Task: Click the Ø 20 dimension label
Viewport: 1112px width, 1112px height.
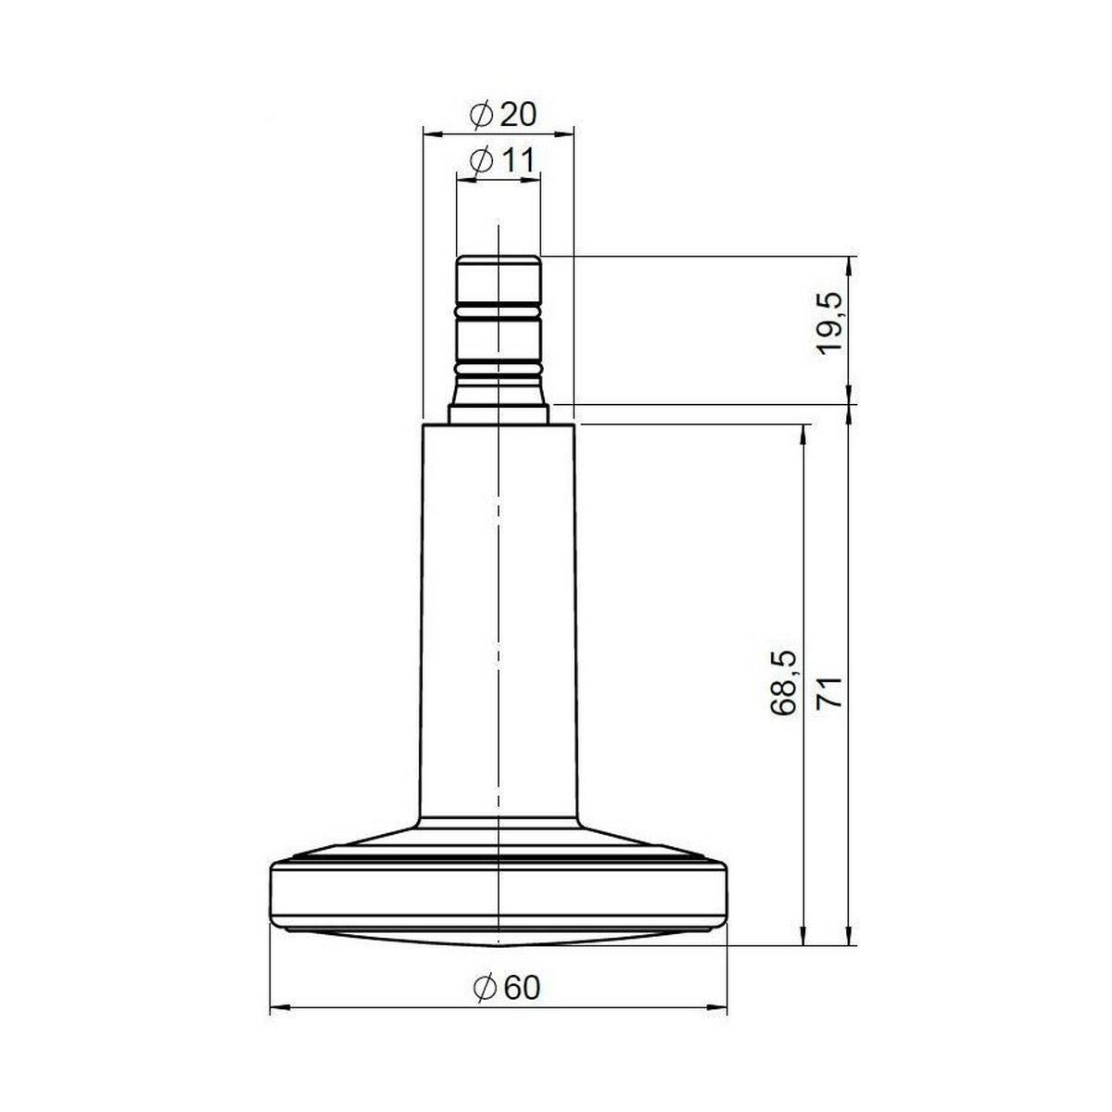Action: click(x=502, y=115)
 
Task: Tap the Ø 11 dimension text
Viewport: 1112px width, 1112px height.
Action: click(x=502, y=160)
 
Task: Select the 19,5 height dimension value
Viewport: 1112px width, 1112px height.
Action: click(x=830, y=323)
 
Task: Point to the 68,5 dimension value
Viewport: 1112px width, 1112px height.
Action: click(x=784, y=683)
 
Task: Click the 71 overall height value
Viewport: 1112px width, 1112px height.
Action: click(x=830, y=692)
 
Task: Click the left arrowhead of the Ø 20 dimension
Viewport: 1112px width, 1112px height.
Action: click(x=433, y=133)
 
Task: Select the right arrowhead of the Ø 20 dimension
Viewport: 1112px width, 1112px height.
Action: click(x=564, y=133)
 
